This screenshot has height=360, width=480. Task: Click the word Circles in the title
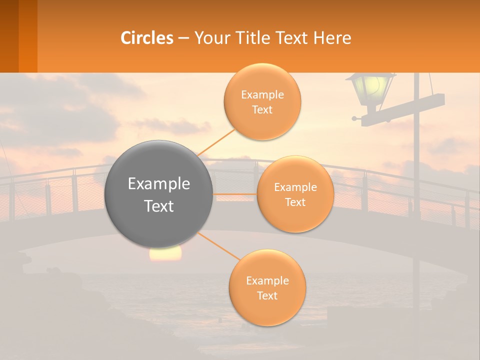pyautogui.click(x=147, y=38)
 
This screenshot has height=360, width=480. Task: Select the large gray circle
pyautogui.click(x=159, y=194)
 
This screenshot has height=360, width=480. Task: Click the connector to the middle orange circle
pyautogui.click(x=235, y=194)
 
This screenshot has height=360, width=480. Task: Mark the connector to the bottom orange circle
pyautogui.click(x=220, y=246)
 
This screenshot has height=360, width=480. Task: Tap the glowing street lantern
pyautogui.click(x=371, y=89)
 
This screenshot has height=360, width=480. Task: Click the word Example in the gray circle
pyautogui.click(x=159, y=184)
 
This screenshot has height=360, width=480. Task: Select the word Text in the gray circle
pyautogui.click(x=159, y=206)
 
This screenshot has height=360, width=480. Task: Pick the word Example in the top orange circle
pyautogui.click(x=262, y=95)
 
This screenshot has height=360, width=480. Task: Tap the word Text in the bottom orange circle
pyautogui.click(x=267, y=295)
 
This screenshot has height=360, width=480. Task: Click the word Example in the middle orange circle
pyautogui.click(x=295, y=187)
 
